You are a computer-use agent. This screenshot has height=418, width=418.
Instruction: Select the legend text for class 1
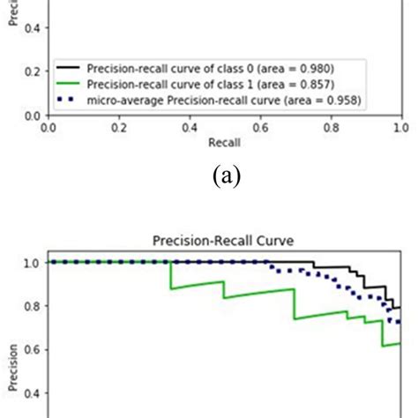coord(217,86)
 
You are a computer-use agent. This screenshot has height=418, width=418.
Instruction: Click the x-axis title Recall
coord(226,141)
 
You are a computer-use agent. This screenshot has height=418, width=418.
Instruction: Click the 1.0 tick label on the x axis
coord(399,127)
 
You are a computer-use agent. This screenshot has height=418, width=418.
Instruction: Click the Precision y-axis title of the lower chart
coord(11,353)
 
